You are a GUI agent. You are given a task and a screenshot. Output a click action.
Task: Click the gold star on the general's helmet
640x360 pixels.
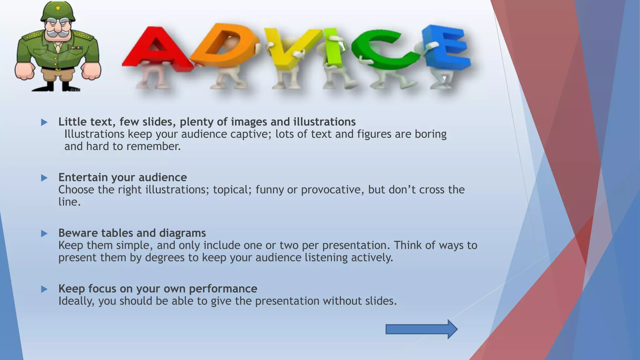pyautogui.click(x=58, y=7)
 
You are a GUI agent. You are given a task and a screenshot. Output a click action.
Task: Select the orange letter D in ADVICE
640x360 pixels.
pyautogui.click(x=223, y=45)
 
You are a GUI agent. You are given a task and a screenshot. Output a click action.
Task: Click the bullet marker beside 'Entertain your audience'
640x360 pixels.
pyautogui.click(x=44, y=178)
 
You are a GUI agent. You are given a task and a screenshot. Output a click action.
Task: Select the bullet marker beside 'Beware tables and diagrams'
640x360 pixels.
pyautogui.click(x=44, y=233)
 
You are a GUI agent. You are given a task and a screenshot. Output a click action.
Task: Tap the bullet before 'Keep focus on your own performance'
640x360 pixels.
pyautogui.click(x=44, y=289)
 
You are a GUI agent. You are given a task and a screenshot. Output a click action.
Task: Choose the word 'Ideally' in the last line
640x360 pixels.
pyautogui.click(x=76, y=301)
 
